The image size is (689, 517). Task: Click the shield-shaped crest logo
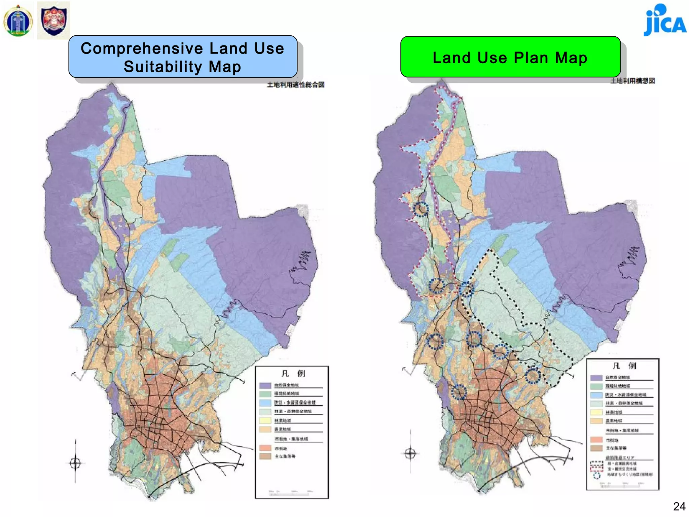point(53,20)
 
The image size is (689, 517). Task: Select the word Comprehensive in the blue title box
point(143,48)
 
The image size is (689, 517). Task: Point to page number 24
point(679,506)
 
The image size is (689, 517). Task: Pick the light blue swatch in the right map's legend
point(596,395)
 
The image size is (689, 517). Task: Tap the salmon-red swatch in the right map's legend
point(596,440)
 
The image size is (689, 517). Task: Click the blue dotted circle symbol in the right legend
point(597,476)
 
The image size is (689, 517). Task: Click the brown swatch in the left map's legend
point(265,456)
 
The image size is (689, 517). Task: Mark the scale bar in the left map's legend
point(289,493)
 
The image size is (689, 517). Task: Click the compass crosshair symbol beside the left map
point(75,463)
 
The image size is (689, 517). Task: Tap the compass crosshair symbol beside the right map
point(410,453)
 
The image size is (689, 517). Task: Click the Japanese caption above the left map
point(296,85)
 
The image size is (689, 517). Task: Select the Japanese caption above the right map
point(632,81)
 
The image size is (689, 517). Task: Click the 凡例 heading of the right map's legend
point(624,366)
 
